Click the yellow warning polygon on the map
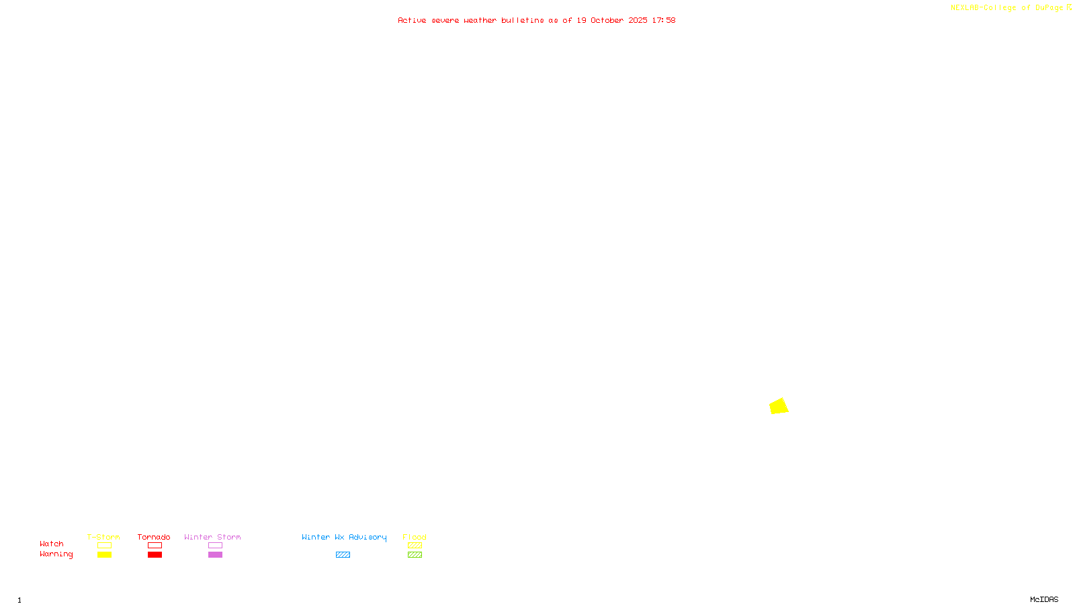pos(779,406)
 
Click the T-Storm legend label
pos(103,537)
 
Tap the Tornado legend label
pos(154,537)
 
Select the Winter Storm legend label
pos(212,537)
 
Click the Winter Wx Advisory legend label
pos(344,537)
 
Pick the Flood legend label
pos(415,537)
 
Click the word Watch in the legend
pos(52,544)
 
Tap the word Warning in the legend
pos(56,554)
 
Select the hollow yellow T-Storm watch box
pos(104,546)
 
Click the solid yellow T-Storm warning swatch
pos(104,555)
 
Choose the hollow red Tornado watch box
pos(155,546)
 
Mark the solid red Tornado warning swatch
pos(155,555)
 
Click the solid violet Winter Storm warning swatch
pos(215,555)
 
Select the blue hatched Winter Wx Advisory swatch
pos(343,555)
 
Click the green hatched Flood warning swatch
pos(415,555)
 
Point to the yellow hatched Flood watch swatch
pos(415,546)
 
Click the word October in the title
pos(607,20)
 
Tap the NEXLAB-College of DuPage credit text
pos(1007,7)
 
